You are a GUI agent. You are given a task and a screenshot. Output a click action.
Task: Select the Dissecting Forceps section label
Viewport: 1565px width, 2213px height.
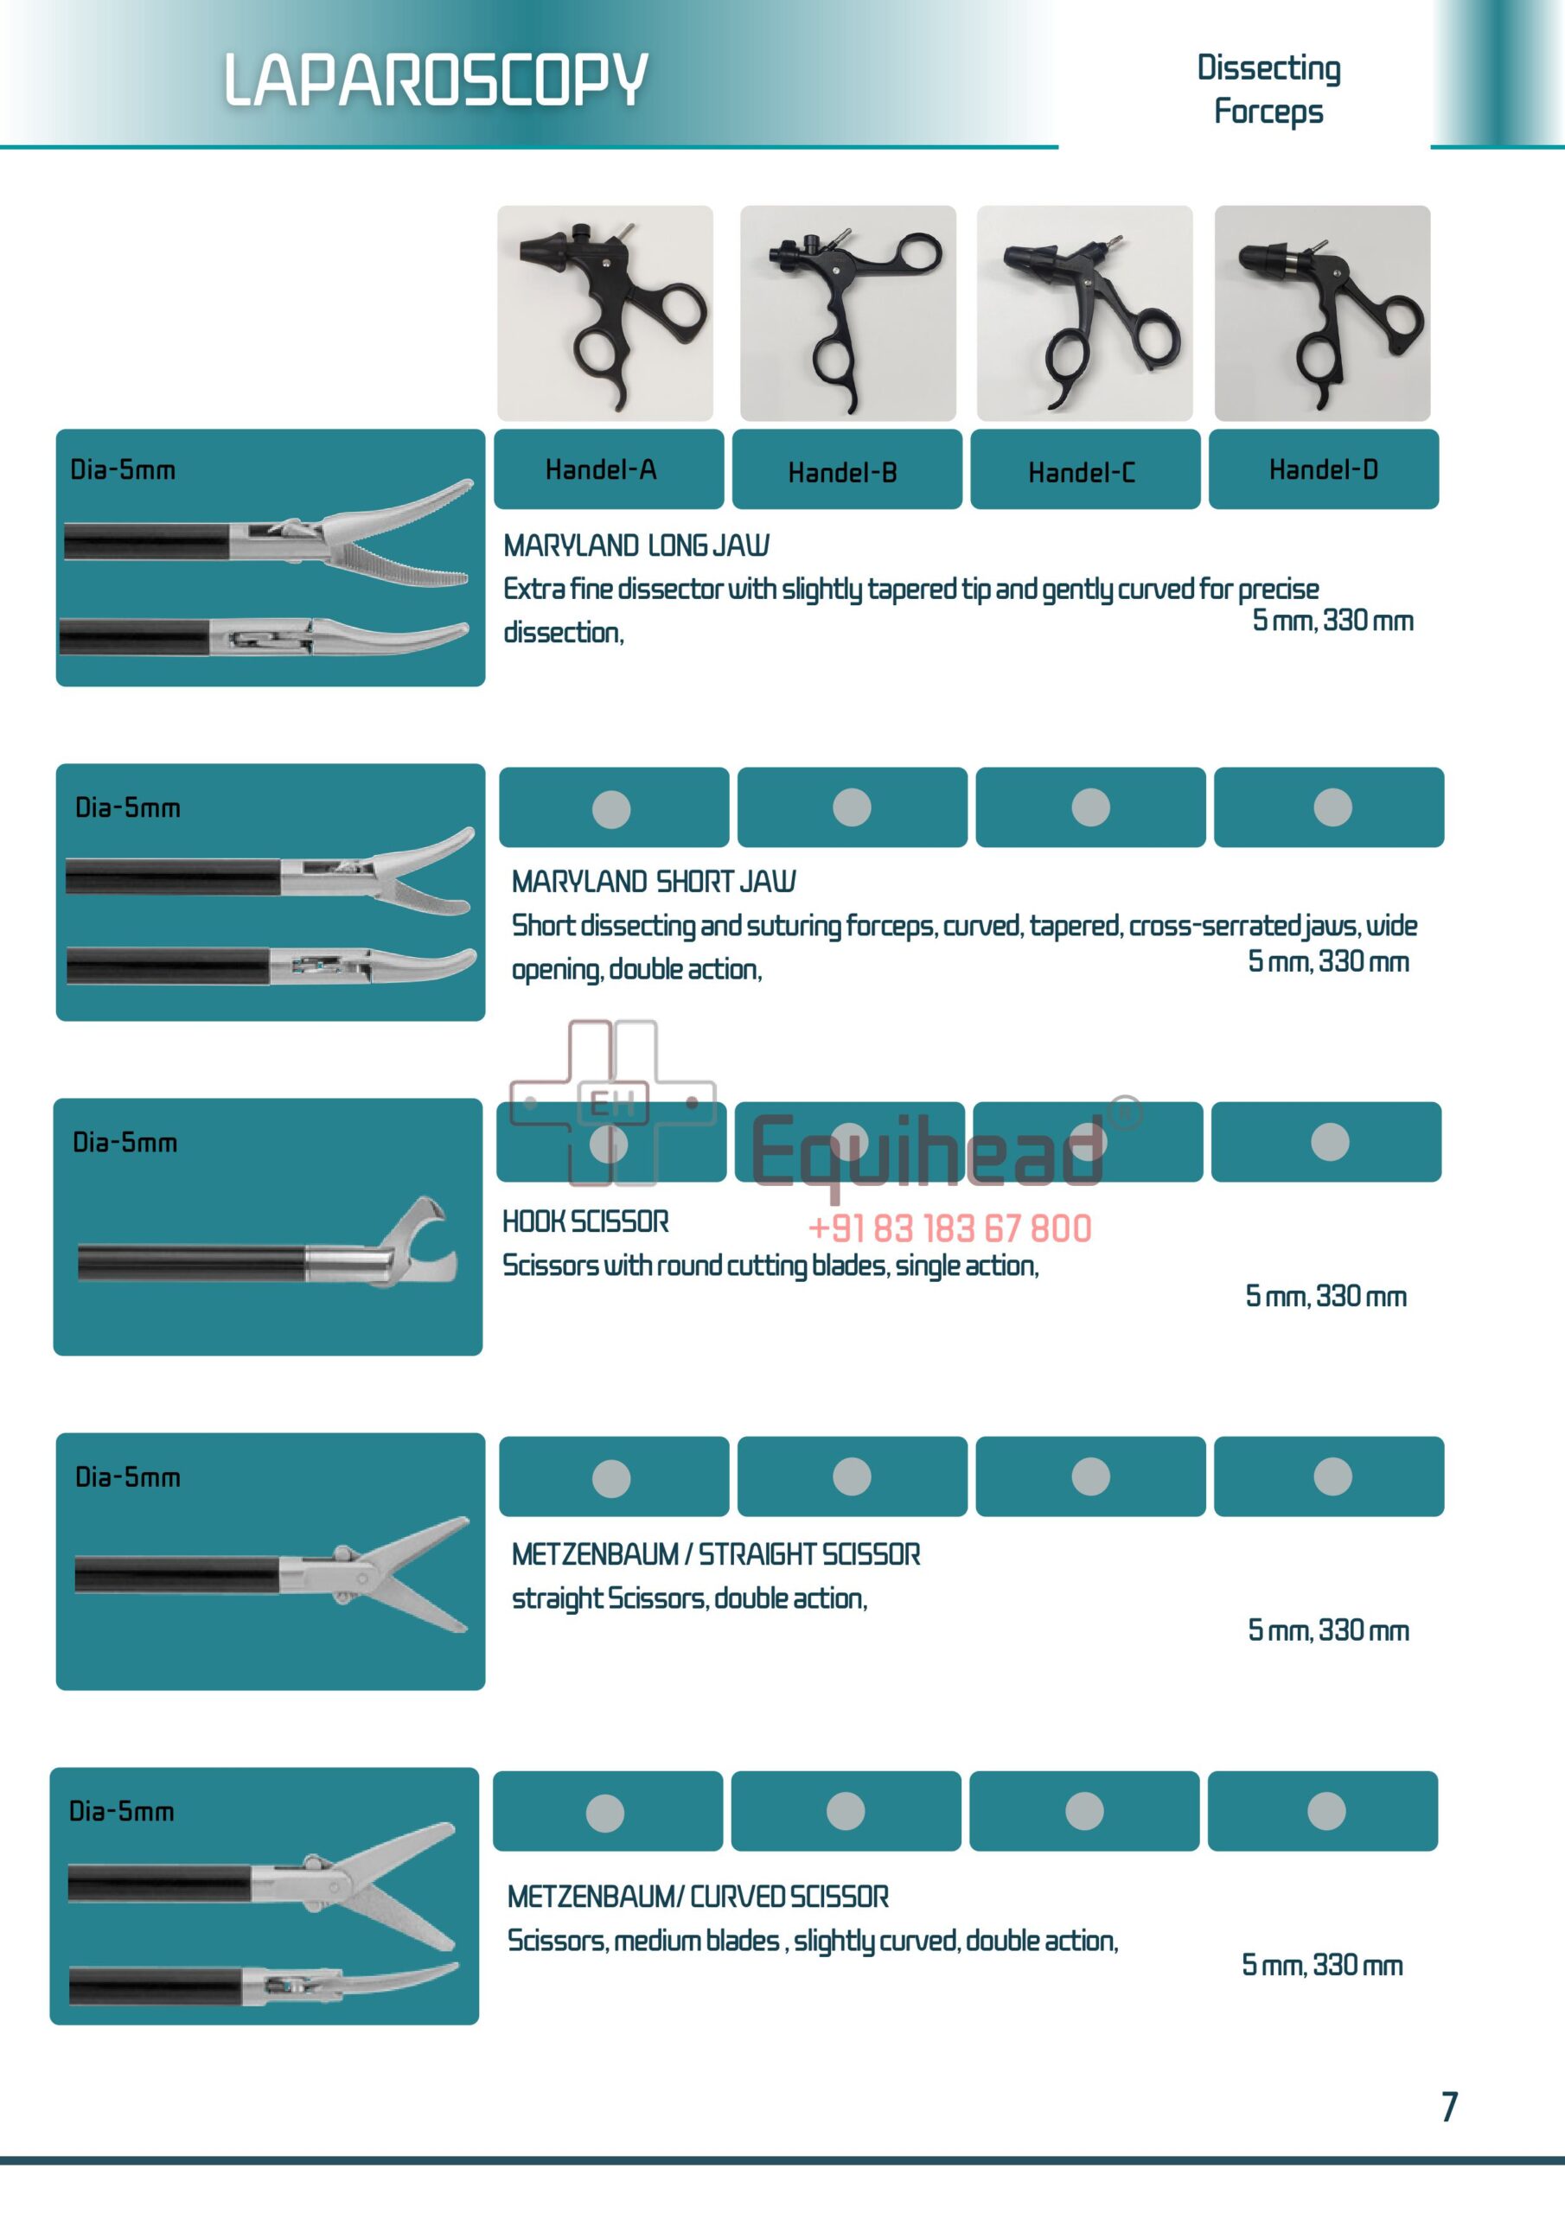[1268, 89]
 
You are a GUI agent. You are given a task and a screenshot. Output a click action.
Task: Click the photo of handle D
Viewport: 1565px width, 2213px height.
[1322, 313]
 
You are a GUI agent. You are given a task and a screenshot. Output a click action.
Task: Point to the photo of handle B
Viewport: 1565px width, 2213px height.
[847, 313]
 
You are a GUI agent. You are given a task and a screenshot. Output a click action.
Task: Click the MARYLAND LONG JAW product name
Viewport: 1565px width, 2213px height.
[636, 545]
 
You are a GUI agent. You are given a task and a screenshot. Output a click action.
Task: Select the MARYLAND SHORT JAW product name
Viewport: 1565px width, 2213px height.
[654, 881]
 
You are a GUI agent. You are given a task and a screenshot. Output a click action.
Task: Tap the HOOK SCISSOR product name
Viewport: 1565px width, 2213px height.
[585, 1221]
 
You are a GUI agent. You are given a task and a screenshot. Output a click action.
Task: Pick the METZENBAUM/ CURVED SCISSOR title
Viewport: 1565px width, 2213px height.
[698, 1896]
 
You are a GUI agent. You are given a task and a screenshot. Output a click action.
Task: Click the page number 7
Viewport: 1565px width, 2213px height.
[1448, 2106]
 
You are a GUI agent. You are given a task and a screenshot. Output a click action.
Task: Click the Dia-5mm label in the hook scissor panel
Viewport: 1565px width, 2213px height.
[125, 1142]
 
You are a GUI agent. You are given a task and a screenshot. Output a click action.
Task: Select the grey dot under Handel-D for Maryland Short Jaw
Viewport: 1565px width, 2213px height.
[1332, 807]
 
